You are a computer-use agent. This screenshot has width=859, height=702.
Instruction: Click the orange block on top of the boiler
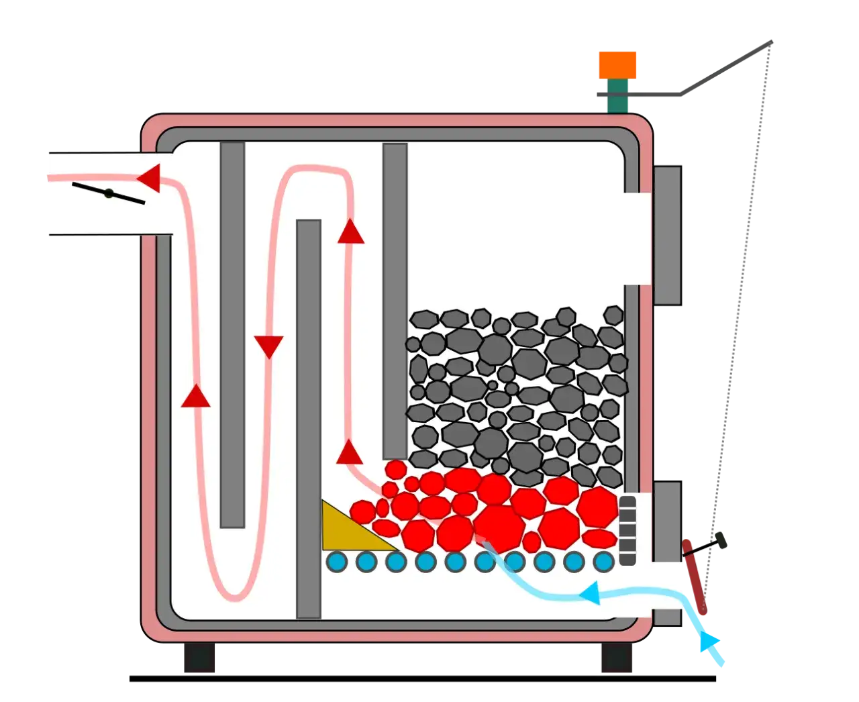(617, 64)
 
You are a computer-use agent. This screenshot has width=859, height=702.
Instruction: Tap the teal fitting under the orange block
(618, 96)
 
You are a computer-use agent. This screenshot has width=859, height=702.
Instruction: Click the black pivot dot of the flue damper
(108, 193)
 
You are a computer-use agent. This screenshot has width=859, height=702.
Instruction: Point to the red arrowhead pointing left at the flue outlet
(149, 178)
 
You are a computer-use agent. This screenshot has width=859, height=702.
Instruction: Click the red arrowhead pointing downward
(269, 346)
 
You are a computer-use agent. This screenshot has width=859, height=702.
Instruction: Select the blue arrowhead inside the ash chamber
(590, 593)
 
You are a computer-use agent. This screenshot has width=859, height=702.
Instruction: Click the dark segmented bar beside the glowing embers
(627, 530)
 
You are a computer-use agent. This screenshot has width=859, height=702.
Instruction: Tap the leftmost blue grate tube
(337, 561)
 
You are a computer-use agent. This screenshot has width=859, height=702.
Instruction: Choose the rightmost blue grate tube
(603, 561)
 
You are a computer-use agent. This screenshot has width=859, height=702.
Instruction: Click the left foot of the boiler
(201, 658)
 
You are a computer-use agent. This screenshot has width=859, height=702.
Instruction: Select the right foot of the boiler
(615, 658)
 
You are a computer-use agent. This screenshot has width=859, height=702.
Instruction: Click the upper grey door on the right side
(666, 234)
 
